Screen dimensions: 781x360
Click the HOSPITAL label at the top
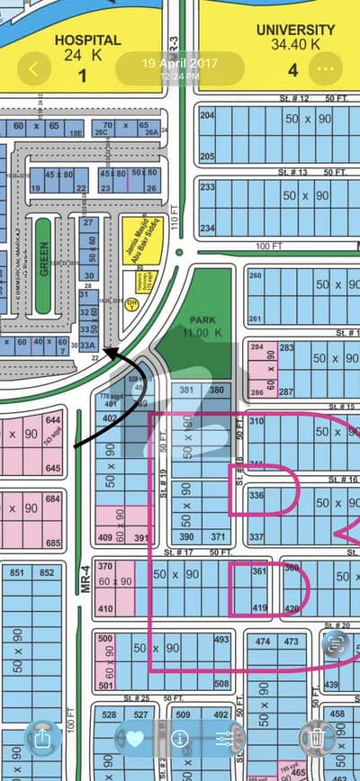point(86,41)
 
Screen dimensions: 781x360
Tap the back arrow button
point(36,67)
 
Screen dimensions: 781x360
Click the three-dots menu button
point(325,68)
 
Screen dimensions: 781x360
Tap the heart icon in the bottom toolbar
point(135,738)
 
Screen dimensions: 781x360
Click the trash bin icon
point(317,738)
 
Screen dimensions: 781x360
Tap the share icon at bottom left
point(42,739)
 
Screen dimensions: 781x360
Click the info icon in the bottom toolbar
point(179,739)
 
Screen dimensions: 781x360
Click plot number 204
point(208,116)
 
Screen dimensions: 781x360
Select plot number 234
point(208,229)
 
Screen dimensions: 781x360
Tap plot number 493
point(221,640)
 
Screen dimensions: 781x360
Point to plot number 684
point(53,498)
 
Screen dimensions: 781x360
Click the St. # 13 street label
point(293,171)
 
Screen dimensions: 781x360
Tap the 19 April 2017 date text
point(180,63)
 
